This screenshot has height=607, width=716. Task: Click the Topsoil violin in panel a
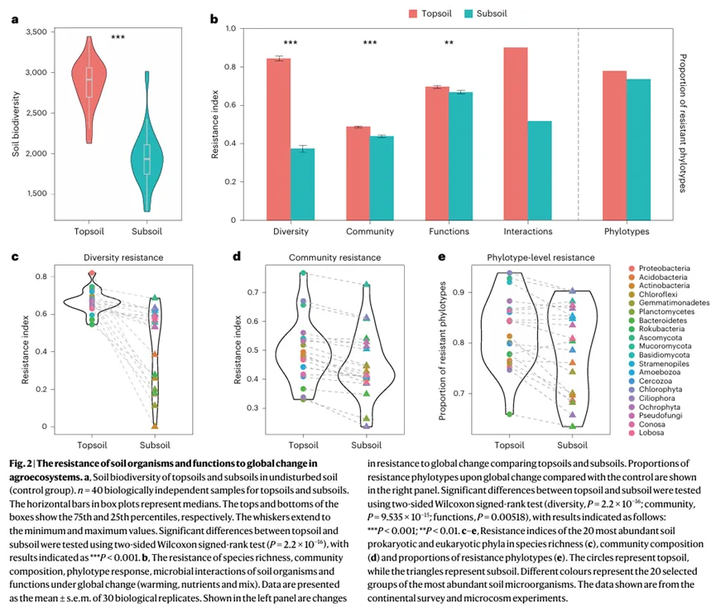coord(89,91)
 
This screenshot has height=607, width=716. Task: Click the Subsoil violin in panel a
coord(147,161)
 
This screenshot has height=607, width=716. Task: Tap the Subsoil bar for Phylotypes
coord(638,150)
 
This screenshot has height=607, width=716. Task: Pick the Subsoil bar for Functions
coord(461,157)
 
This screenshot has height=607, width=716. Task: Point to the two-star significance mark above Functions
coord(449,44)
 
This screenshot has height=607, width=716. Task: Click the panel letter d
coord(237,256)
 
